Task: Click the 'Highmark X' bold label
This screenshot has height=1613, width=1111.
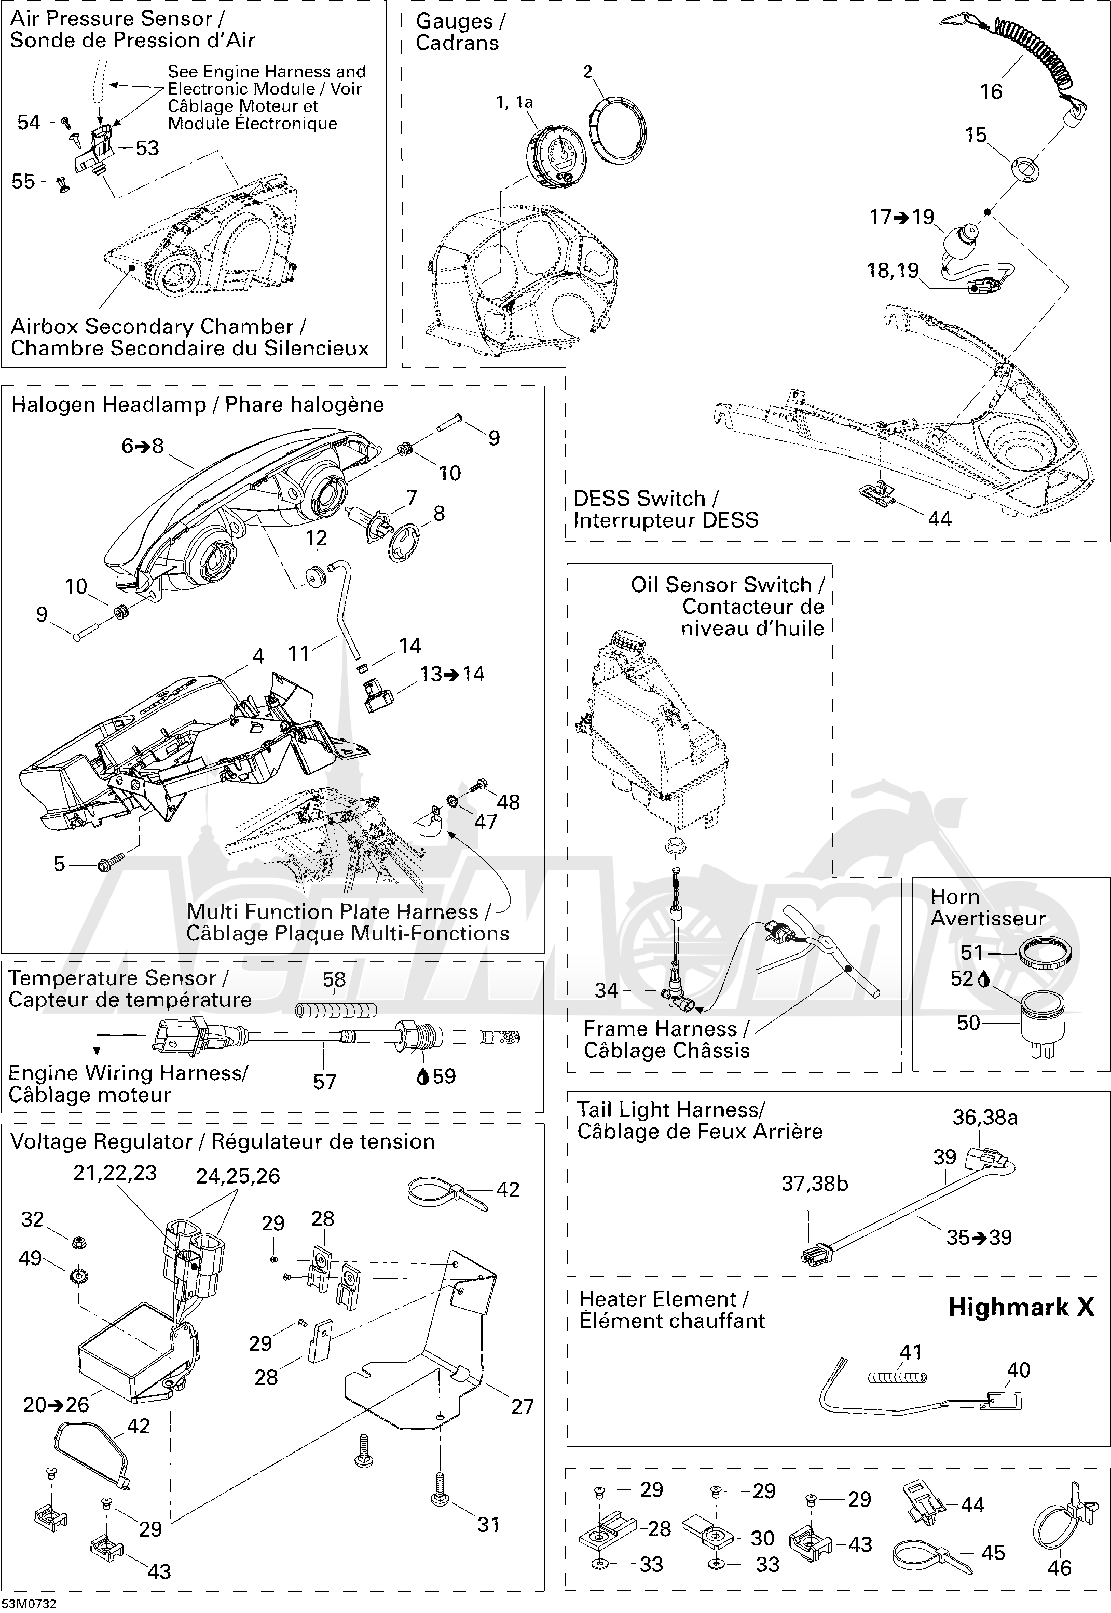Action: point(1021,1307)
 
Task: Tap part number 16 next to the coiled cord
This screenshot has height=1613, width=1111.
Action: point(991,91)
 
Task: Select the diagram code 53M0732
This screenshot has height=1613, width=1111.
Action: point(29,1603)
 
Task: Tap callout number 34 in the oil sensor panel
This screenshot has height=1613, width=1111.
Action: point(606,990)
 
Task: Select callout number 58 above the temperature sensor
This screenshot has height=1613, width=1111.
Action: point(334,979)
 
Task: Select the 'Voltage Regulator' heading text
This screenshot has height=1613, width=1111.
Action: point(102,1141)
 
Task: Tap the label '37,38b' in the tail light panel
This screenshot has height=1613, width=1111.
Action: point(815,1184)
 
